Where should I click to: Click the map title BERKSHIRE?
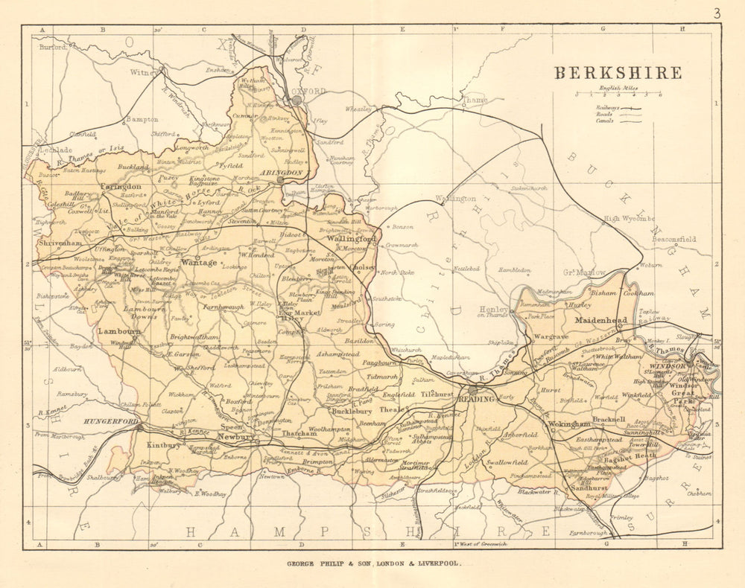coord(617,73)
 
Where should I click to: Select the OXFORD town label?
coord(311,91)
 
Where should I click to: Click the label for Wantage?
coord(199,263)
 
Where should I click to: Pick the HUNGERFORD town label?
coord(112,421)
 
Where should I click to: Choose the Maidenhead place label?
coord(601,321)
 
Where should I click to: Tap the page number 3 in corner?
coord(716,13)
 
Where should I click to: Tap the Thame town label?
coord(474,99)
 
